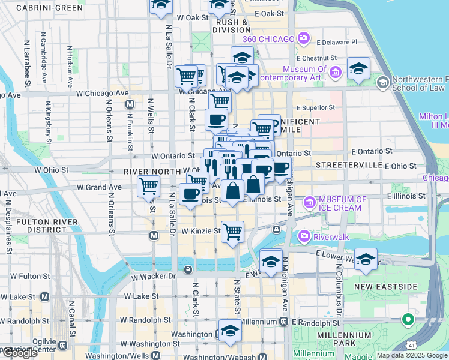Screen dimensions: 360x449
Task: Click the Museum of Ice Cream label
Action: (343, 203)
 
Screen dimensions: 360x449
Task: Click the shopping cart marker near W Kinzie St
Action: (232, 230)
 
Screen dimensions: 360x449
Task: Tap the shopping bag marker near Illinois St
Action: (232, 191)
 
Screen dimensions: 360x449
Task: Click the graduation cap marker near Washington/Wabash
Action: (229, 331)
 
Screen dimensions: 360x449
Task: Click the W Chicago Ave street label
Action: (102, 93)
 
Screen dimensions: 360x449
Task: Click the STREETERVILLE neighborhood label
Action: (349, 164)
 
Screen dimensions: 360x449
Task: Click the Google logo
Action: (20, 353)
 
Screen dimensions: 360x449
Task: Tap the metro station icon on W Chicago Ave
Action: (129, 104)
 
